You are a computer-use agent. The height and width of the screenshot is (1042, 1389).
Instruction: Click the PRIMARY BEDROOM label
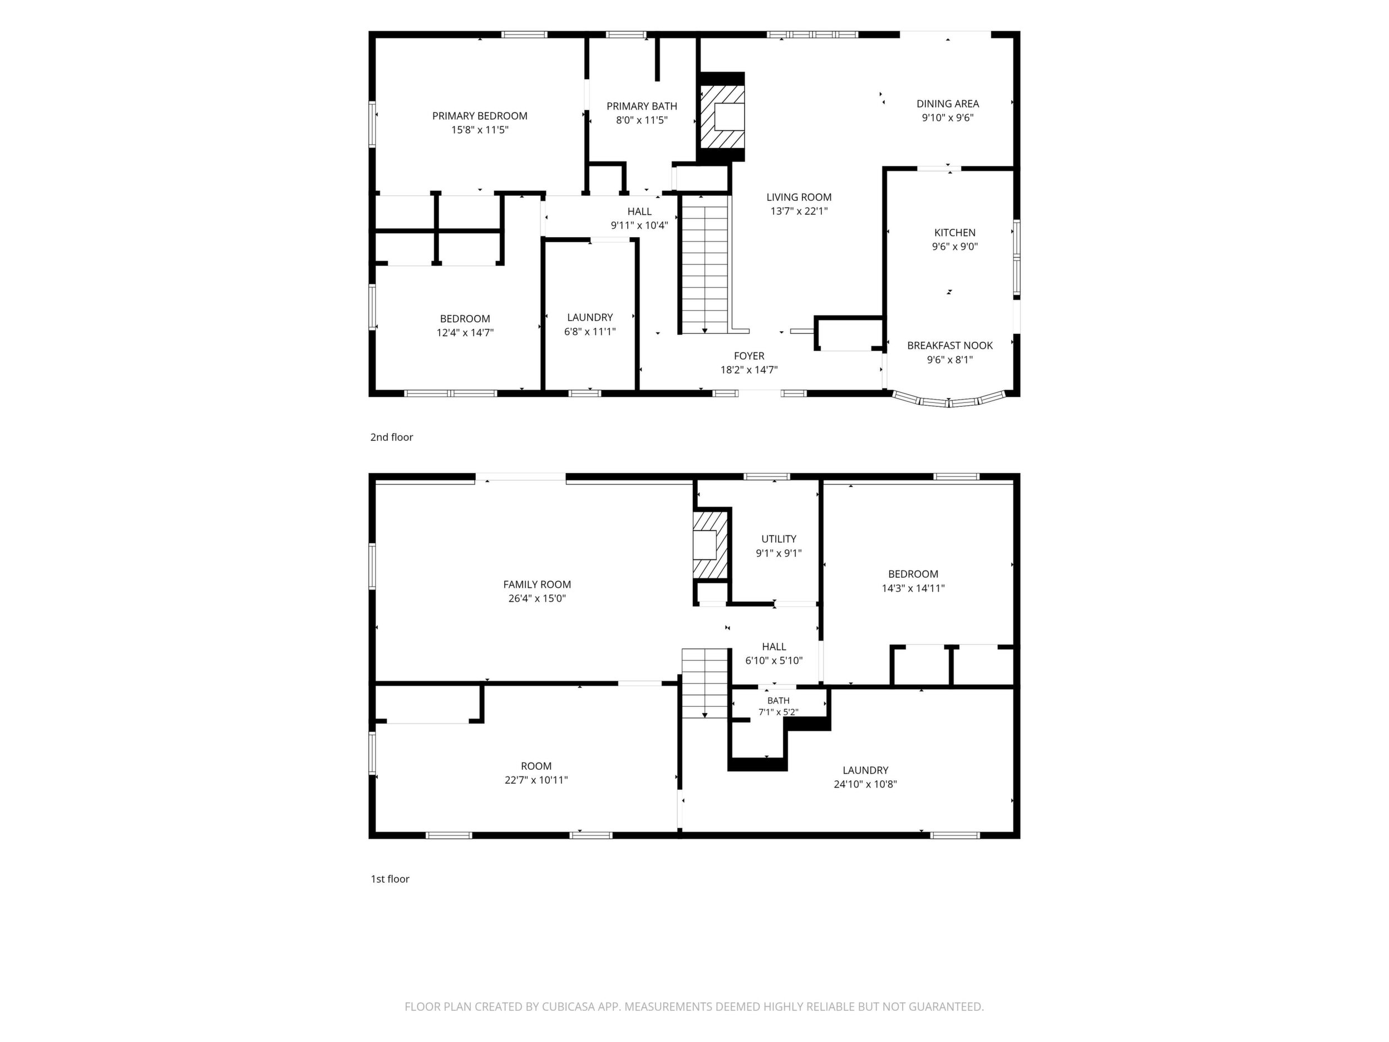[x=480, y=116]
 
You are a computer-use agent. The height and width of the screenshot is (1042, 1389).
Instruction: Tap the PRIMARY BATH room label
[x=642, y=106]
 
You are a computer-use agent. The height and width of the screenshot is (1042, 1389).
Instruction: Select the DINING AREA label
[x=948, y=104]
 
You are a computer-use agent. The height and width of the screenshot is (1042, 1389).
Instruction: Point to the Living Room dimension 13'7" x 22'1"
[x=799, y=212]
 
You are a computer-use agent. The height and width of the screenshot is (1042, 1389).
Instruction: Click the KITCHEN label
[x=954, y=233]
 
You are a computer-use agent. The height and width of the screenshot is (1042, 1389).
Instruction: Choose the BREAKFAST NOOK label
[x=950, y=346]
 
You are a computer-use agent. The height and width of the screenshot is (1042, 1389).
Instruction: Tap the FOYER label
[x=749, y=356]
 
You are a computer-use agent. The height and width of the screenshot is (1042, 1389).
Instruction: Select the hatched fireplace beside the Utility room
[x=711, y=545]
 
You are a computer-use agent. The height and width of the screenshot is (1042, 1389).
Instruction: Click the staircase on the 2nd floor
[x=705, y=264]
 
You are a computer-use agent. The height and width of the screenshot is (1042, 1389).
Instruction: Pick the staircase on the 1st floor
[x=705, y=684]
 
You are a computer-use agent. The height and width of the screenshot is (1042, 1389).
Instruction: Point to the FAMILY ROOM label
[x=537, y=584]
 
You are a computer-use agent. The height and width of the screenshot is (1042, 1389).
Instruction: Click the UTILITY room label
[x=779, y=539]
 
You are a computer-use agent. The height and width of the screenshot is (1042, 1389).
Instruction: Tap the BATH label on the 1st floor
[x=778, y=700]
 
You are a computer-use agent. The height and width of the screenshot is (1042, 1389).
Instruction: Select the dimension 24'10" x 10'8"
[x=865, y=784]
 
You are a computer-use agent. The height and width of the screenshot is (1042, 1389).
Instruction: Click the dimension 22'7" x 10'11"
[x=536, y=780]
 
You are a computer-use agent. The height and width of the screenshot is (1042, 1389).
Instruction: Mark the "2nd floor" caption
[x=391, y=437]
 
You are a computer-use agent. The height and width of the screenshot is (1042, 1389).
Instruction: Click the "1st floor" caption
[x=390, y=879]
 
